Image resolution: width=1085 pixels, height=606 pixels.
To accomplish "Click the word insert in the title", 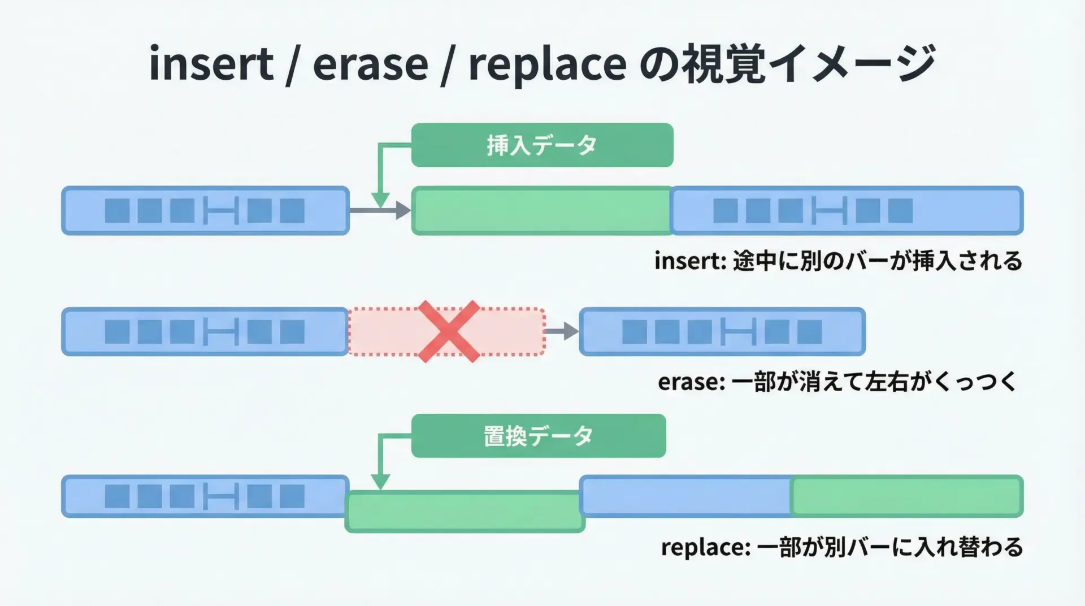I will (x=211, y=64).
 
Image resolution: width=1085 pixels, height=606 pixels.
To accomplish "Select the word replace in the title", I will (x=547, y=64).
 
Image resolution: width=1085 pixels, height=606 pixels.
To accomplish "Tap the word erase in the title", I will (x=370, y=64).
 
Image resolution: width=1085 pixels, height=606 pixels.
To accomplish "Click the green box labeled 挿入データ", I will (x=542, y=145).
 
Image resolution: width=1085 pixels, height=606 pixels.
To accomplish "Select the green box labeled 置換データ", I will (x=538, y=436).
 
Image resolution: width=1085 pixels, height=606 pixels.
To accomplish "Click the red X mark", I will (x=449, y=331).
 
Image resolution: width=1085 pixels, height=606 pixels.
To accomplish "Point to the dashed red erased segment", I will (x=384, y=332).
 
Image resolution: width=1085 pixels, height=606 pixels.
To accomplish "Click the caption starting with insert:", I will (x=838, y=261).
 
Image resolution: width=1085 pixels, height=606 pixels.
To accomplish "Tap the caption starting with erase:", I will (x=837, y=382).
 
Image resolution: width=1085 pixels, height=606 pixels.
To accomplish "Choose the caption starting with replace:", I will (x=842, y=547).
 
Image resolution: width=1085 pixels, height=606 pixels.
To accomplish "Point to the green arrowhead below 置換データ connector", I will (x=380, y=482).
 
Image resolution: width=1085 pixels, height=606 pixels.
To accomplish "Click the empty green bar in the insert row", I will (x=541, y=210).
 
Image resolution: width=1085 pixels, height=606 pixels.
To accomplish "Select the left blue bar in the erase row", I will (x=205, y=331).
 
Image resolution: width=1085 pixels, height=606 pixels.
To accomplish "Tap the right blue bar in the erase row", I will (x=722, y=331).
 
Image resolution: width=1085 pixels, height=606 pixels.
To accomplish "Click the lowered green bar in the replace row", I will (x=465, y=512).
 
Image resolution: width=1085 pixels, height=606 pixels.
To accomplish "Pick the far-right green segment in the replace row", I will (x=906, y=496).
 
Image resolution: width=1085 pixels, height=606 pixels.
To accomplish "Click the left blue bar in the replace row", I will (x=205, y=496).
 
